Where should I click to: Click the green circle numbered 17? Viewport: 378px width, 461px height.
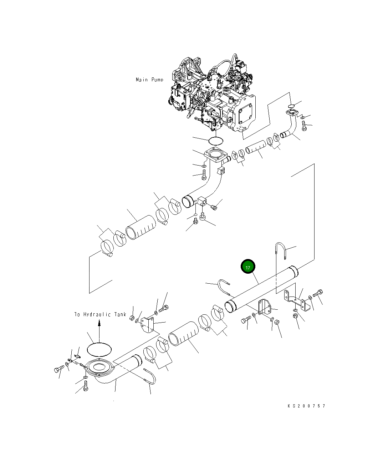[248, 267]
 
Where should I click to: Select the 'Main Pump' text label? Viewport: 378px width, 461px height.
[149, 80]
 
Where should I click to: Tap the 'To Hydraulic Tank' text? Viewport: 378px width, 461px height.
[100, 314]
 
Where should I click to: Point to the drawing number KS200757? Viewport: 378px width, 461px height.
[306, 406]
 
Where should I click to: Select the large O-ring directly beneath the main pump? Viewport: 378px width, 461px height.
[216, 141]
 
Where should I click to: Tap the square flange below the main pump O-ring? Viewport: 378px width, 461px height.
[215, 157]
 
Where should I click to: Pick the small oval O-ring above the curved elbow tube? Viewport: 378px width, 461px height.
[291, 106]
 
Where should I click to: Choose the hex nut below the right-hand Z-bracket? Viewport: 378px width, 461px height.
[296, 316]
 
